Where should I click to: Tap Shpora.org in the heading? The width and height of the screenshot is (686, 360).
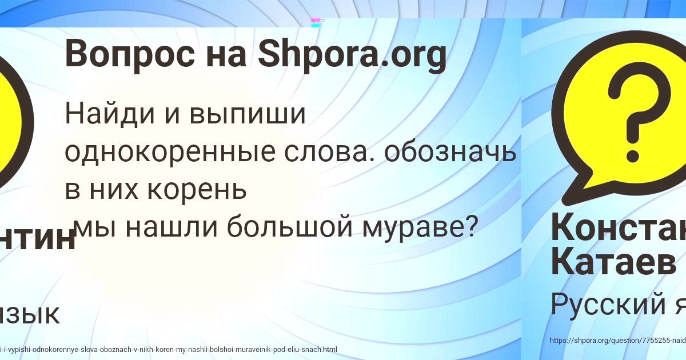tap(352, 56)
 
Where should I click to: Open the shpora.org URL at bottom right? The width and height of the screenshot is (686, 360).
tap(617, 340)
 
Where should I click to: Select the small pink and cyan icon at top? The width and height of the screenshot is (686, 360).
tap(315, 22)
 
